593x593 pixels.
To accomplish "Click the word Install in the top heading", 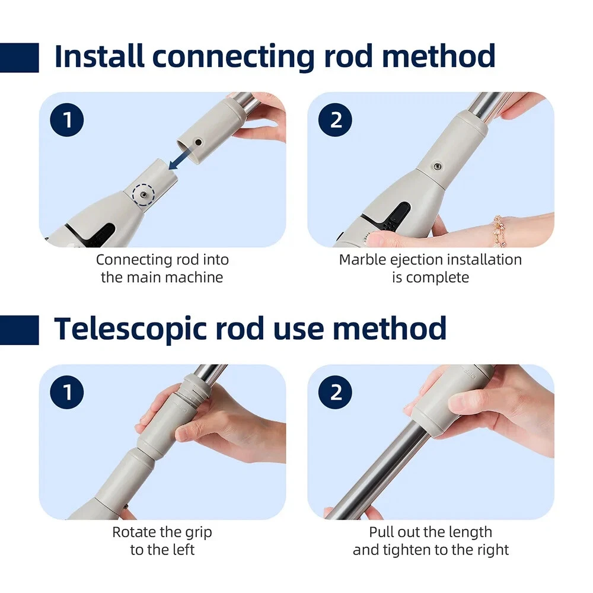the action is click(x=99, y=56).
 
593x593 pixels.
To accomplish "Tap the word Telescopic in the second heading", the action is click(x=130, y=329).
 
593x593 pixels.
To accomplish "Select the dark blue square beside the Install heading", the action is click(x=20, y=58).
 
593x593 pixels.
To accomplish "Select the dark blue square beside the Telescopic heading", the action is click(x=20, y=330).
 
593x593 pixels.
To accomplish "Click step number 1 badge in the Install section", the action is click(x=67, y=120).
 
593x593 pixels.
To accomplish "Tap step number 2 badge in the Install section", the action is click(x=336, y=120).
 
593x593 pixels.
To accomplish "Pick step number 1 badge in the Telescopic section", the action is click(x=67, y=392).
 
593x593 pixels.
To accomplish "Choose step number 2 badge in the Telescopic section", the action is click(x=336, y=392).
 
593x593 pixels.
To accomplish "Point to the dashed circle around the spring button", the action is click(x=144, y=195).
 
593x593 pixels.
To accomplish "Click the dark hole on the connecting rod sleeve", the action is click(x=198, y=142).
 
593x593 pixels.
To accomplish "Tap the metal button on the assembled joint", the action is click(x=438, y=165).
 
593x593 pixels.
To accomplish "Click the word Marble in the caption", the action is click(x=362, y=260).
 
